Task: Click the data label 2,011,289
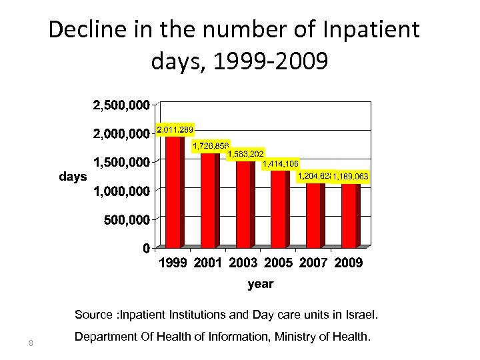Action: (175, 129)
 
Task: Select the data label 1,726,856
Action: (211, 145)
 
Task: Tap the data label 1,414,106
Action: (281, 163)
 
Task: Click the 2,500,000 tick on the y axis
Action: (120, 105)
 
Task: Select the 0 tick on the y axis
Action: (145, 248)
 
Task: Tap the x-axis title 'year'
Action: (260, 284)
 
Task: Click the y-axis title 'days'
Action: (73, 177)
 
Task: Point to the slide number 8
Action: (31, 343)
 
